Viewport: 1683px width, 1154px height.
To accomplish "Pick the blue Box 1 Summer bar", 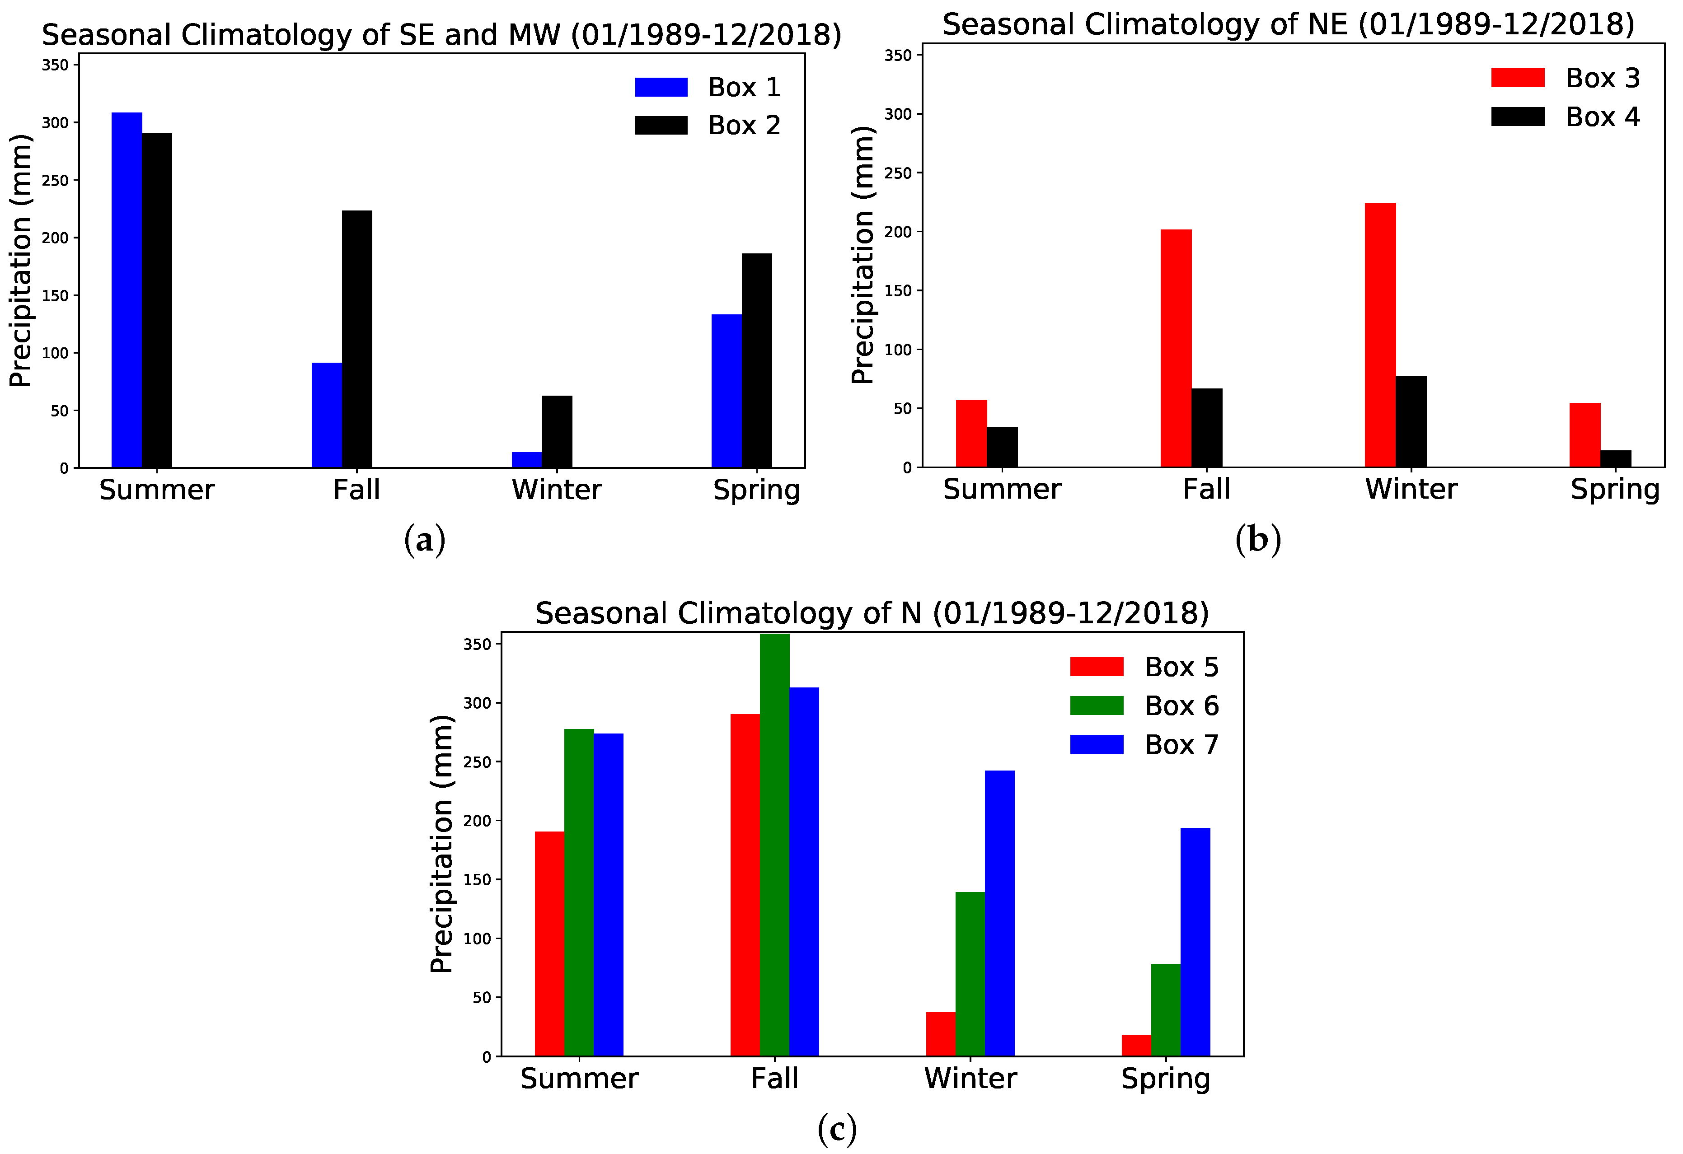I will [x=127, y=290].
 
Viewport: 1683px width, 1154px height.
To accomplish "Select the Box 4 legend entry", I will [x=1601, y=117].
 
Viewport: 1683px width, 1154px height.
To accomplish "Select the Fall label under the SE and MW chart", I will [x=356, y=490].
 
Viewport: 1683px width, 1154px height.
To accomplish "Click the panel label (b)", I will [x=1258, y=540].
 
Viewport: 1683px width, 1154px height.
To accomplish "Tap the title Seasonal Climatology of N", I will [x=872, y=613].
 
